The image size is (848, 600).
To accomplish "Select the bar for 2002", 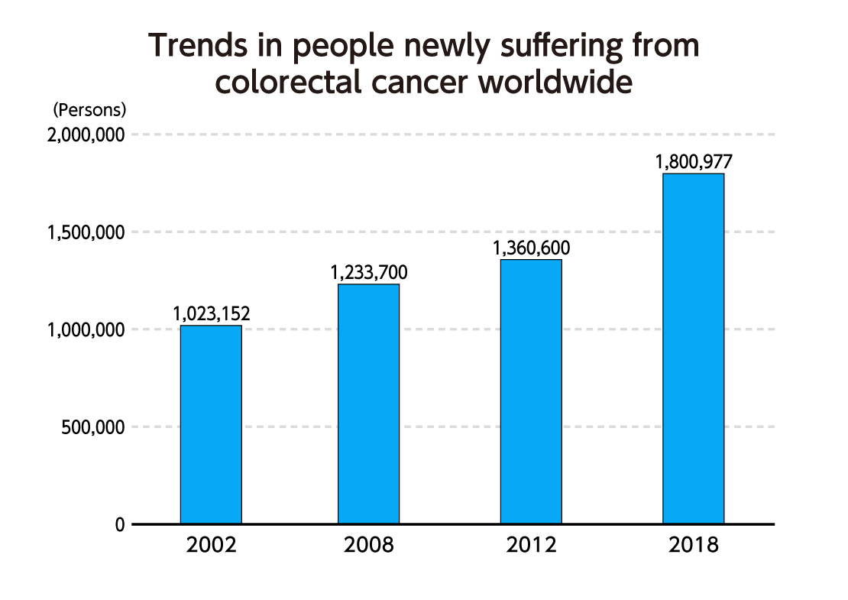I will tap(211, 424).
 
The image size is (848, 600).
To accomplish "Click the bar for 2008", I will tap(368, 404).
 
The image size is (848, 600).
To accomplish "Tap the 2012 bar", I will tap(531, 391).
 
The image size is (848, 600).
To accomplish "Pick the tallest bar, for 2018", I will tap(693, 349).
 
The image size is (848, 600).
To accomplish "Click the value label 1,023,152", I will tap(212, 313).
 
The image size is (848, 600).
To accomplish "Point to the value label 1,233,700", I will tap(369, 272).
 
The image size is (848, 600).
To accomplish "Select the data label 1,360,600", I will tap(531, 248).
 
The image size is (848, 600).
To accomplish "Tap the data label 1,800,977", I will tap(694, 162).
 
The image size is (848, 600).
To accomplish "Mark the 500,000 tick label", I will tap(93, 427).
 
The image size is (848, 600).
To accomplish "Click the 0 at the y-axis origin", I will tap(119, 525).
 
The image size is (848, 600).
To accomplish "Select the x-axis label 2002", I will tap(211, 546).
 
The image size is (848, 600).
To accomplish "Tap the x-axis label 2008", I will tap(368, 546).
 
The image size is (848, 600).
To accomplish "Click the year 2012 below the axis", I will tap(531, 546).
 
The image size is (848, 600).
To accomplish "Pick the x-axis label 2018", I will tap(693, 546).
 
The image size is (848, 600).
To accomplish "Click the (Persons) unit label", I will tap(89, 109).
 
